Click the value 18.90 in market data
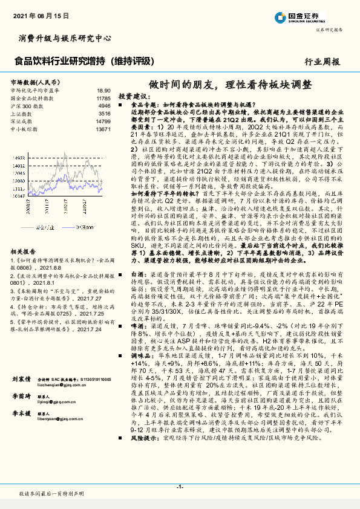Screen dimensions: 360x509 104,89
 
